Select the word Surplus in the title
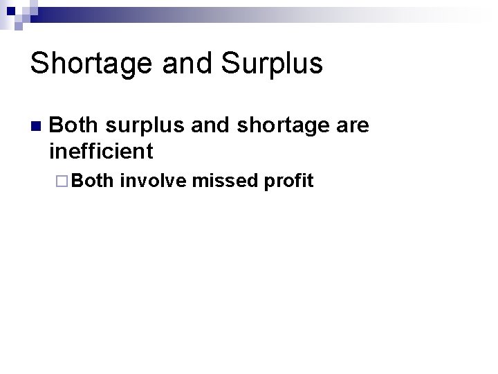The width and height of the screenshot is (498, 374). [271, 64]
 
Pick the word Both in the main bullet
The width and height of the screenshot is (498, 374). [74, 125]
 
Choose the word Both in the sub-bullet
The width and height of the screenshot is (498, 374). [93, 181]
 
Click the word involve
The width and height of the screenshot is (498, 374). [154, 181]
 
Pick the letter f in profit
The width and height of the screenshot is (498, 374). [299, 181]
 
